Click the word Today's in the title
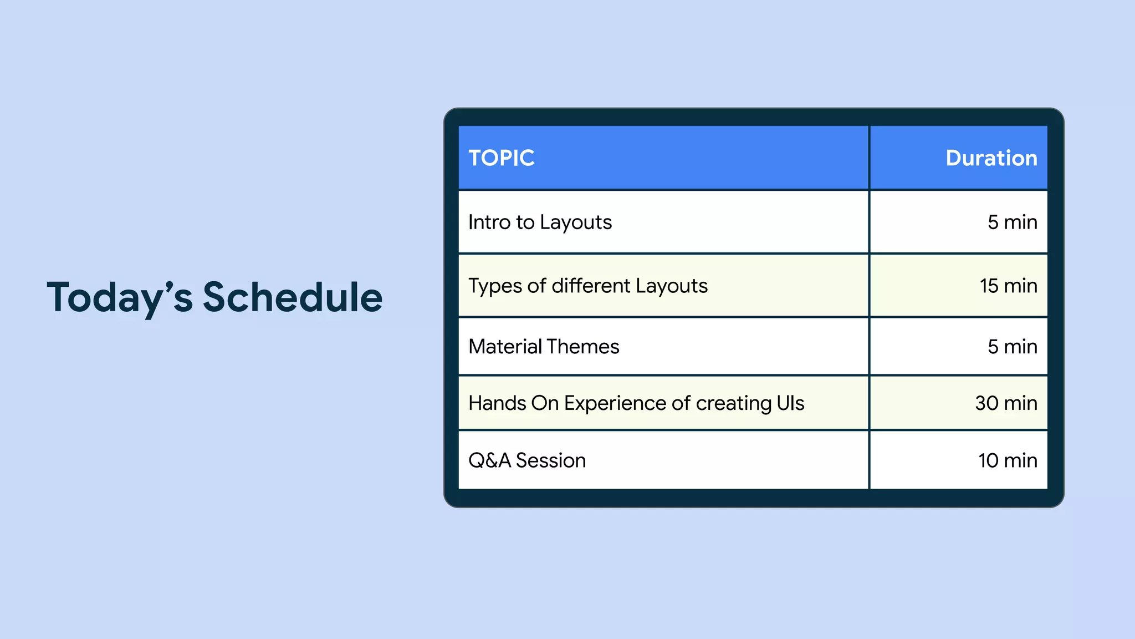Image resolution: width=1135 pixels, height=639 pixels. (120, 298)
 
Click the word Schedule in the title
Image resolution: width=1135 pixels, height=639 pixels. (293, 298)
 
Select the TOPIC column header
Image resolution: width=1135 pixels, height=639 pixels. (502, 158)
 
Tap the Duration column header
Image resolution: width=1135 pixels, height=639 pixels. (991, 158)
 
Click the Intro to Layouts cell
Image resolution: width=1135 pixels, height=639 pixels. (540, 222)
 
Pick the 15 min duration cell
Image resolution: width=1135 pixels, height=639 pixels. (1008, 286)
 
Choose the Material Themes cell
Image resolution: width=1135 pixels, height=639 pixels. (544, 347)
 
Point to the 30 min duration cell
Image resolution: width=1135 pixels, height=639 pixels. (1006, 403)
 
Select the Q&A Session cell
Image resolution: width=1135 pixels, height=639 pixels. (527, 460)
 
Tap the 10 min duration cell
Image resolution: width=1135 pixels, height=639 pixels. (1008, 460)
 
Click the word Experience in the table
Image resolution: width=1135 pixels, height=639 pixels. (615, 403)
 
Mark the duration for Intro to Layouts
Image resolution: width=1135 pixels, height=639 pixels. (1012, 222)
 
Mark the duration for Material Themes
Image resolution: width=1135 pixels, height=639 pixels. (1012, 347)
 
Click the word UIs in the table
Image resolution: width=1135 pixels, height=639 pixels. (790, 403)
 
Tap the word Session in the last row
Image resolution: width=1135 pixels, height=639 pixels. (550, 460)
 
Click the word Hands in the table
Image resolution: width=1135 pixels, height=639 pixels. (497, 403)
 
